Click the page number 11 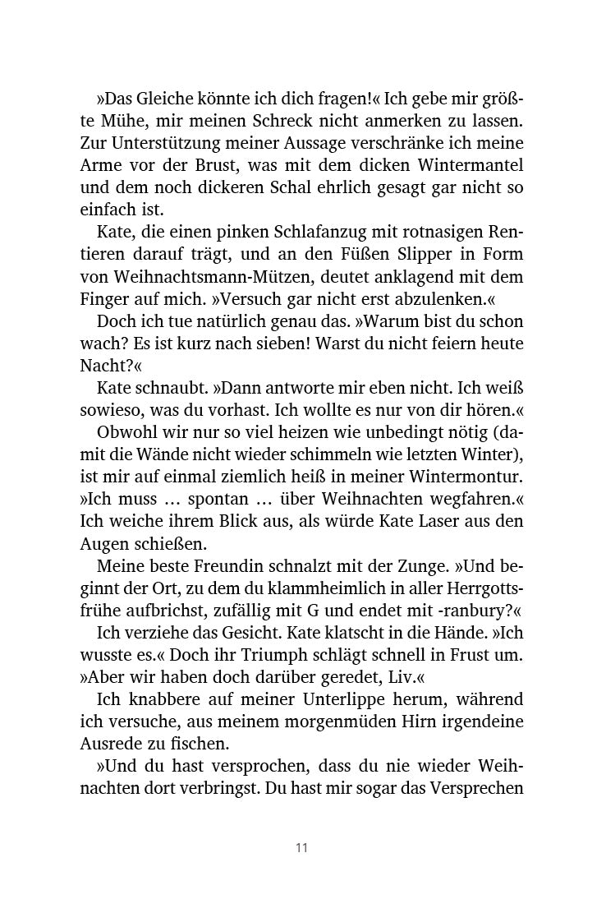(x=301, y=847)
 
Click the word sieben (x=291, y=343)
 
